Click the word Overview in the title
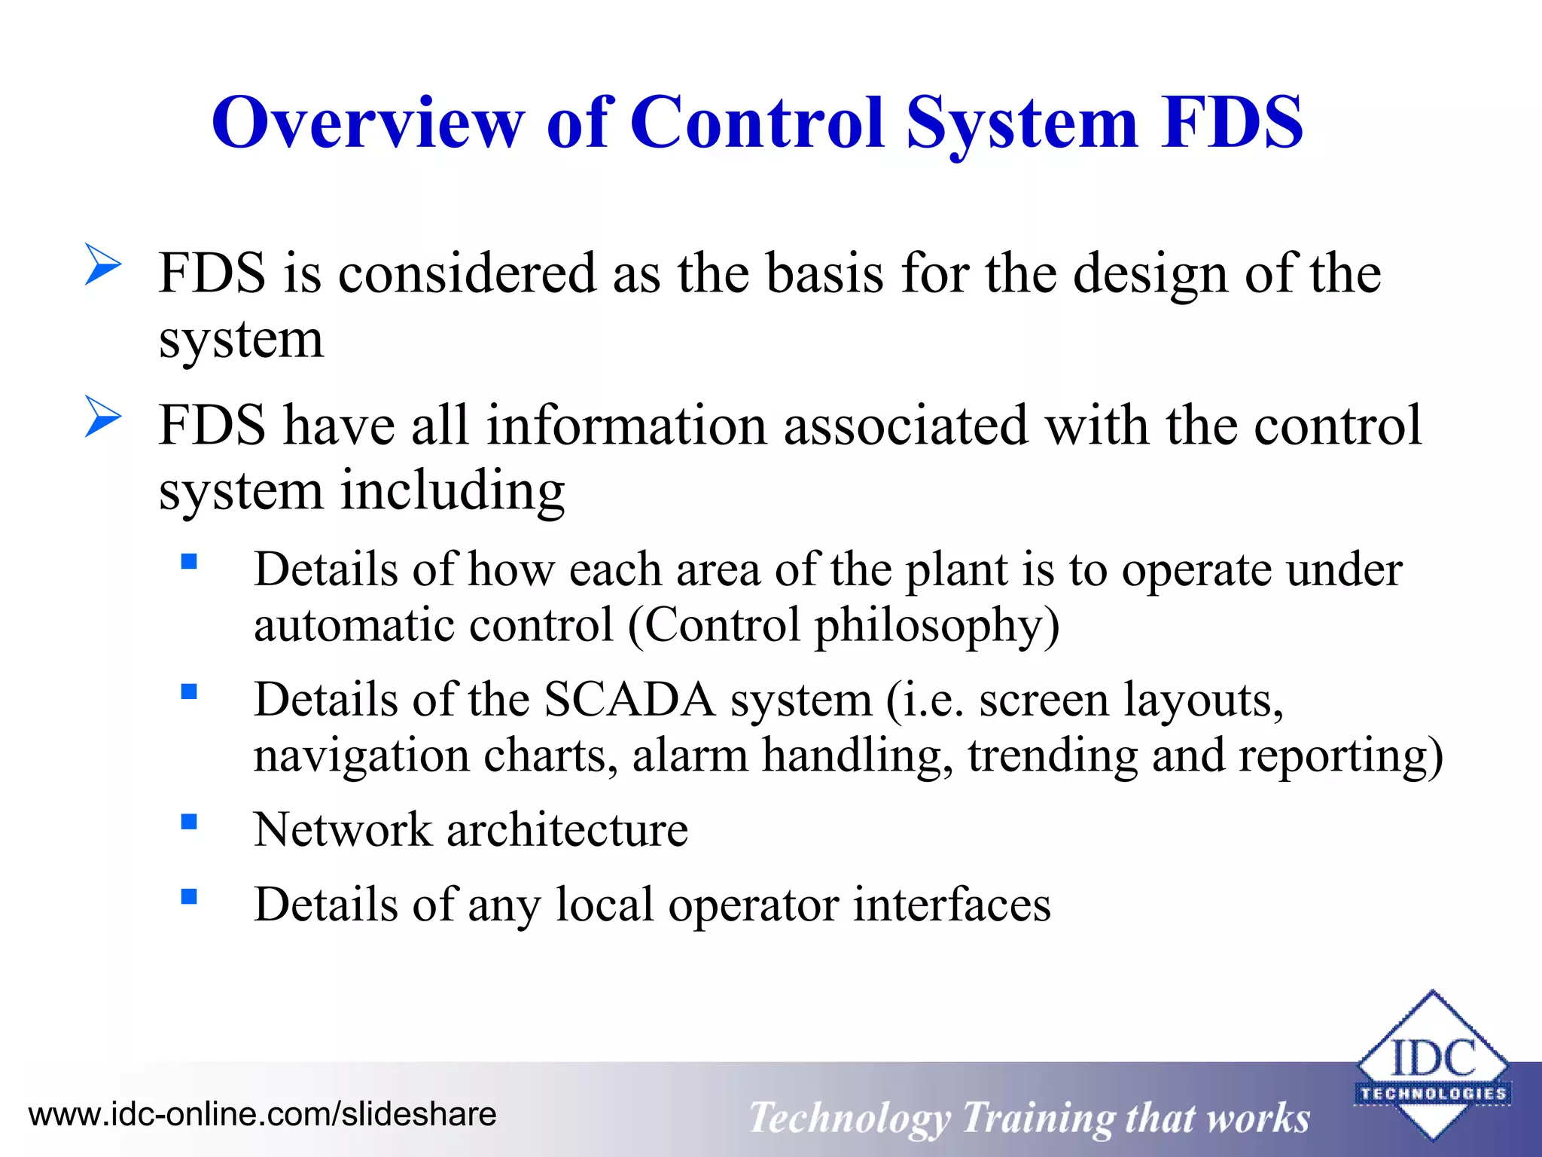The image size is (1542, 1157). (368, 122)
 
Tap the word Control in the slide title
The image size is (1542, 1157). (756, 122)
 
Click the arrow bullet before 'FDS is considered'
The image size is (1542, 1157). (102, 264)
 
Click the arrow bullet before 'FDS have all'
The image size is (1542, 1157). (102, 416)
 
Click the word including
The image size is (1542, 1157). (453, 490)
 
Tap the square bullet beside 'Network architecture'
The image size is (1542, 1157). (189, 821)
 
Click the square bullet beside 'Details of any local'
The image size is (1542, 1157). (189, 896)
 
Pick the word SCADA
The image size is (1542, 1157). (629, 700)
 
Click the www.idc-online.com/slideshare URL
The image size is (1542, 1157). (262, 1114)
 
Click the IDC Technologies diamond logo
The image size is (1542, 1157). (1432, 1065)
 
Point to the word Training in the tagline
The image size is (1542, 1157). (1038, 1118)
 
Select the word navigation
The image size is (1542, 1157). (361, 756)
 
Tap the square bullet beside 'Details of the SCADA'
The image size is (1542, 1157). (189, 691)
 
